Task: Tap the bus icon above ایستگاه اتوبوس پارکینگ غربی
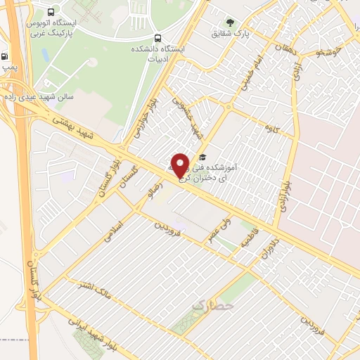(x=51, y=12)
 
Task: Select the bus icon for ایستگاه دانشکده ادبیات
(x=155, y=39)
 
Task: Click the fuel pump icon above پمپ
(x=6, y=57)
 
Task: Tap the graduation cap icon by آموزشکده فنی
(x=202, y=157)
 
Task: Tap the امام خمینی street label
(x=262, y=75)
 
